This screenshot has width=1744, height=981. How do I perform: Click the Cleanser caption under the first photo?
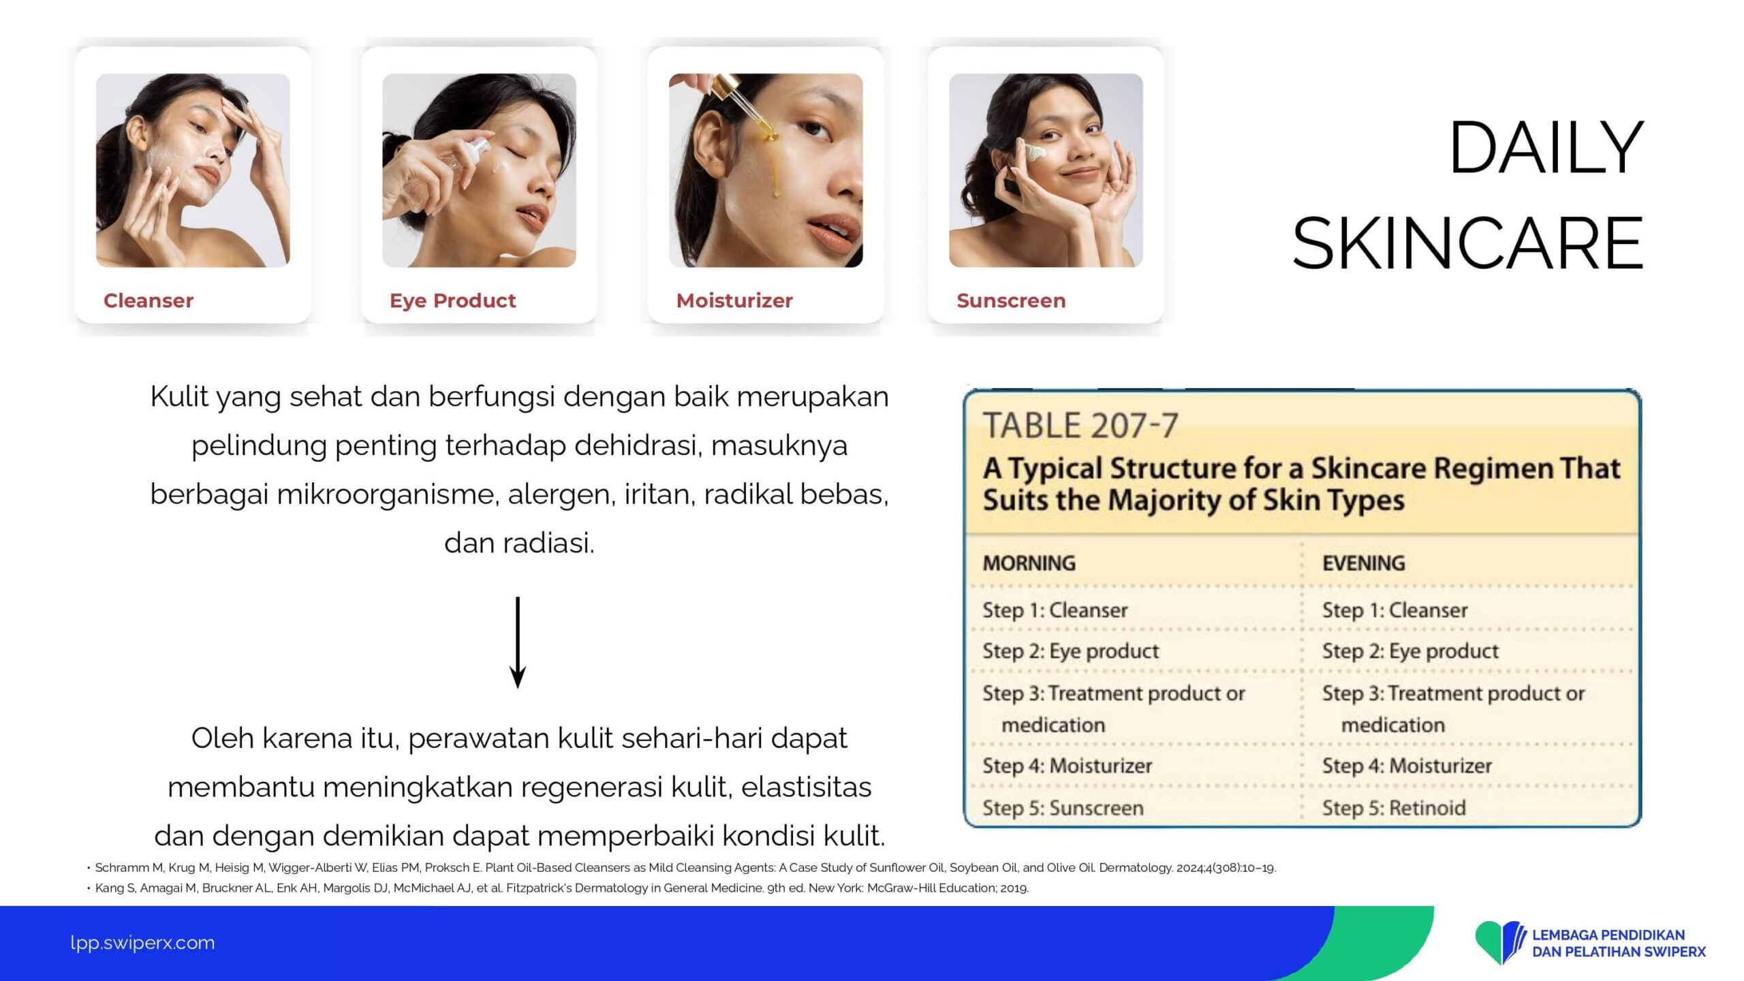pyautogui.click(x=149, y=300)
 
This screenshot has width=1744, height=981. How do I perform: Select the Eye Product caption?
pyautogui.click(x=452, y=301)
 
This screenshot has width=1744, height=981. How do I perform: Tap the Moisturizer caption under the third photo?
pyautogui.click(x=734, y=300)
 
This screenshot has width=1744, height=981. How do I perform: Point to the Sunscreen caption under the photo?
pyautogui.click(x=1011, y=300)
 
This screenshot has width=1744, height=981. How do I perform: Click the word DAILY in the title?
pyautogui.click(x=1546, y=148)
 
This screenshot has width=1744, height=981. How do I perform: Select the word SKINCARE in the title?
pyautogui.click(x=1468, y=243)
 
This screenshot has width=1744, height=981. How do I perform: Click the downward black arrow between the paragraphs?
pyautogui.click(x=518, y=642)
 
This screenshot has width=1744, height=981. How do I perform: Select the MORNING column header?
pyautogui.click(x=1029, y=563)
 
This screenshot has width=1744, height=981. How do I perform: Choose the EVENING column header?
pyautogui.click(x=1363, y=563)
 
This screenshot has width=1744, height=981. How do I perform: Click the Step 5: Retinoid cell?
pyautogui.click(x=1394, y=808)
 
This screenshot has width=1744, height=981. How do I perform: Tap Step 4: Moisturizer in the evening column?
pyautogui.click(x=1407, y=766)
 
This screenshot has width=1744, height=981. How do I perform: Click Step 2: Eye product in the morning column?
pyautogui.click(x=1070, y=651)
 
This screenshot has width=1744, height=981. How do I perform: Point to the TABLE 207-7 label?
pyautogui.click(x=1080, y=426)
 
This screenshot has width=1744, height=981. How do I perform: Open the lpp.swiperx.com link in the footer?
pyautogui.click(x=142, y=943)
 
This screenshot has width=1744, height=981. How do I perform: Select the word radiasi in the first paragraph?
pyautogui.click(x=548, y=543)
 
